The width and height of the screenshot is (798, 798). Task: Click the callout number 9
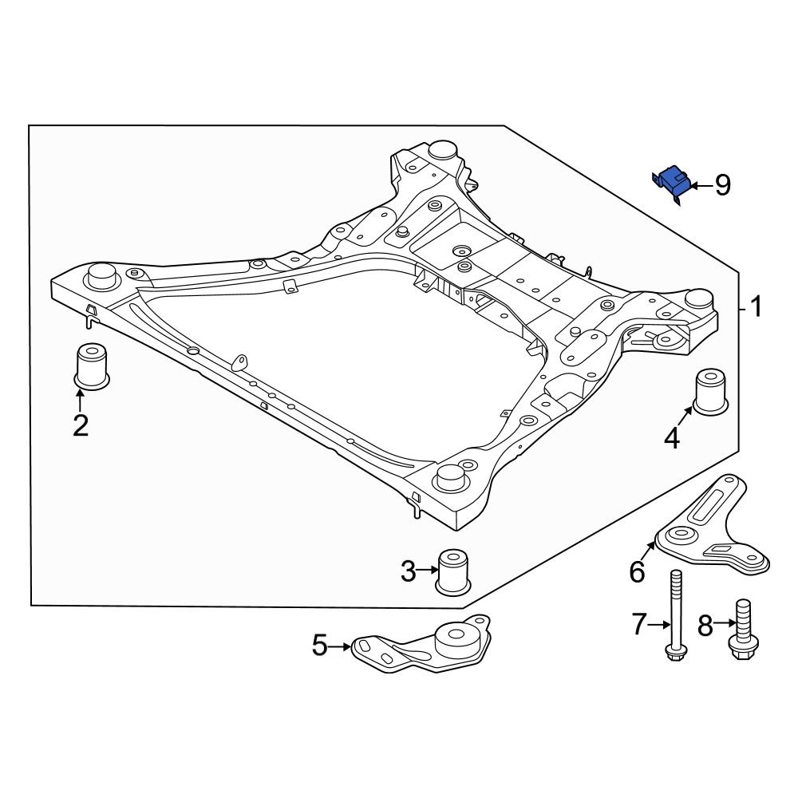(x=722, y=186)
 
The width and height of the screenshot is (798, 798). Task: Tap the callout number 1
(x=754, y=306)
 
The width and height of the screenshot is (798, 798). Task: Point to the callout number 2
(x=81, y=425)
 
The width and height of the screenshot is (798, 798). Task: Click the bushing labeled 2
(x=91, y=366)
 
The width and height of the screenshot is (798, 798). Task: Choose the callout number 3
(x=408, y=571)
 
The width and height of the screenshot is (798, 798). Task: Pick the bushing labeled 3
(x=453, y=571)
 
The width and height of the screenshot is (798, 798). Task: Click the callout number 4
(x=672, y=437)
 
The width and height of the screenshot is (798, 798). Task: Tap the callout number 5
(x=319, y=645)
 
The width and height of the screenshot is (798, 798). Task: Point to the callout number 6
(x=636, y=571)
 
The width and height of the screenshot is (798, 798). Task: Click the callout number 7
(x=638, y=625)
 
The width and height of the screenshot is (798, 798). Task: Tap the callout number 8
(x=705, y=625)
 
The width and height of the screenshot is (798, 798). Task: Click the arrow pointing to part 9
(x=700, y=186)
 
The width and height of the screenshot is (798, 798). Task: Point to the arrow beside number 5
(x=341, y=645)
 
